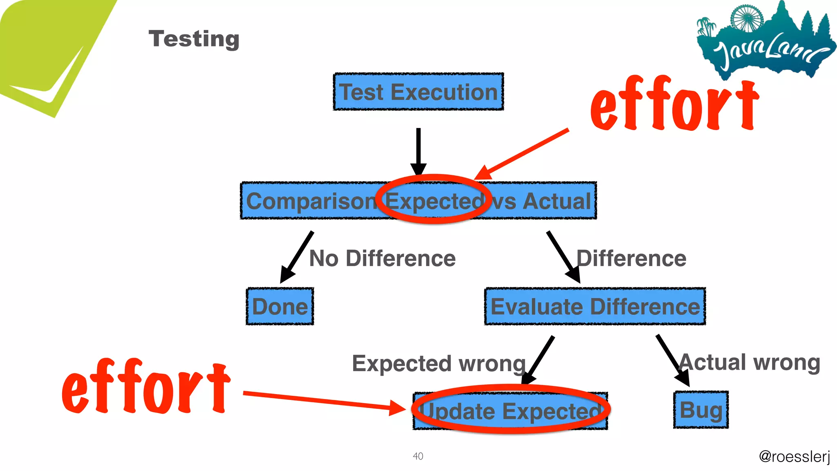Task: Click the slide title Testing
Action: [x=194, y=39]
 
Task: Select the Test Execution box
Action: [x=418, y=92]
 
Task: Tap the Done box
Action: [x=280, y=307]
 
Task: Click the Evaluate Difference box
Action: [x=595, y=307]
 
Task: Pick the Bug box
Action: [x=701, y=410]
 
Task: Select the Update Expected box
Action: [x=510, y=410]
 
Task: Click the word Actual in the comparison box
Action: [x=557, y=201]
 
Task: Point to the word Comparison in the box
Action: [x=311, y=201]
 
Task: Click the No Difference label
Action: [x=382, y=258]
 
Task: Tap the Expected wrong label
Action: [x=439, y=363]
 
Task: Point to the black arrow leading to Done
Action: [x=297, y=257]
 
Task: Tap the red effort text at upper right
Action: [x=674, y=104]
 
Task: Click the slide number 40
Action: [x=418, y=456]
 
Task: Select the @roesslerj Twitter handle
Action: [x=794, y=456]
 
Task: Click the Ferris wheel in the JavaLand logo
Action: [x=747, y=18]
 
